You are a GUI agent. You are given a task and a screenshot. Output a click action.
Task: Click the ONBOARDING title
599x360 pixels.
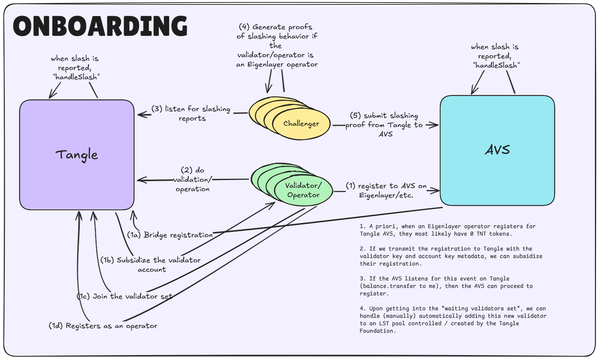click(x=100, y=26)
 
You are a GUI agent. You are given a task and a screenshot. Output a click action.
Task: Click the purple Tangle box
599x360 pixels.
click(x=77, y=155)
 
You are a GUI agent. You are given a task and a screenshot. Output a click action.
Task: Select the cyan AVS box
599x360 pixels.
click(x=497, y=150)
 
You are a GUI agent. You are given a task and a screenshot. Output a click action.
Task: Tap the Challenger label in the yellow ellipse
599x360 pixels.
click(x=301, y=124)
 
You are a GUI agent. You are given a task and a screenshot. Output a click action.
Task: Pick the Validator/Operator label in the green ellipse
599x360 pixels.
click(x=303, y=190)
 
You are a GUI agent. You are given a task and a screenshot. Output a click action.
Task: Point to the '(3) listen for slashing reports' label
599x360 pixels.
click(x=191, y=114)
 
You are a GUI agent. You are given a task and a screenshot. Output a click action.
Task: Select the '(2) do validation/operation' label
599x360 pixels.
click(x=192, y=180)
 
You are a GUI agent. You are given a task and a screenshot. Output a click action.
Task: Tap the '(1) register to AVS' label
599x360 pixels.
click(x=386, y=190)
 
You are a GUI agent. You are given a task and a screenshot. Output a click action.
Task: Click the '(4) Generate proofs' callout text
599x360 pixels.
click(x=277, y=46)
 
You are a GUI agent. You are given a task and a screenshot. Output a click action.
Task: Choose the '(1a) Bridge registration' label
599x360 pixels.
click(x=170, y=235)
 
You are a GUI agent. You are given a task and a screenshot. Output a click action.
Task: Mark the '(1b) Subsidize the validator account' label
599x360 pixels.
click(x=151, y=264)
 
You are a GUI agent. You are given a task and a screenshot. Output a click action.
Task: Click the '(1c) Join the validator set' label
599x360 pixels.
click(x=125, y=296)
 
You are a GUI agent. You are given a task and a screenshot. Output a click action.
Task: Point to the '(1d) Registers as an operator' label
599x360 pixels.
click(x=103, y=326)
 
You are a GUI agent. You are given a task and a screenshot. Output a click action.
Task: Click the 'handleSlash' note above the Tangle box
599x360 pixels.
click(x=75, y=68)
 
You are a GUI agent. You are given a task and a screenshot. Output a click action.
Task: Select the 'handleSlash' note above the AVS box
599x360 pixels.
click(x=495, y=56)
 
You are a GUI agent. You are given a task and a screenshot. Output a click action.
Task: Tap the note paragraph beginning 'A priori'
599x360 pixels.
click(x=447, y=230)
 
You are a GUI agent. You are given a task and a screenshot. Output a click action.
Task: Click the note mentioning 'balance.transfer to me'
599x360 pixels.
click(x=446, y=286)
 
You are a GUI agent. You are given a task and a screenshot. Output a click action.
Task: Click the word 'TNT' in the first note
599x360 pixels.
click(x=481, y=234)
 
